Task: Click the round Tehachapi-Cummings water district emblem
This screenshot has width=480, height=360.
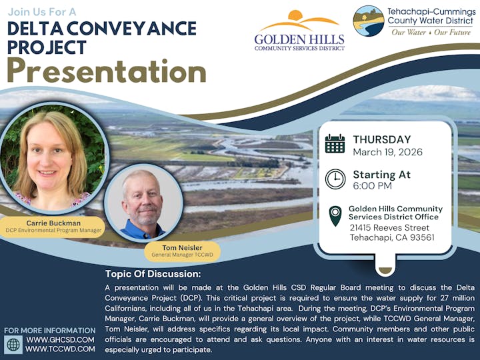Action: (x=369, y=21)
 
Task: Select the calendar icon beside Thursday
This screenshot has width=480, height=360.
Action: (x=335, y=144)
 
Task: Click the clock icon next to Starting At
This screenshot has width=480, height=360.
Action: (x=335, y=179)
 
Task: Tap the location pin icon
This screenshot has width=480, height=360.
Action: (x=335, y=216)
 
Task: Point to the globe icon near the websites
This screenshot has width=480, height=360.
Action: (x=13, y=344)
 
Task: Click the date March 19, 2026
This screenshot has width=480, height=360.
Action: (x=387, y=152)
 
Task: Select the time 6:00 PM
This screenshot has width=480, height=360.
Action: (x=372, y=187)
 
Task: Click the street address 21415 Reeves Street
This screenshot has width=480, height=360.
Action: (x=389, y=227)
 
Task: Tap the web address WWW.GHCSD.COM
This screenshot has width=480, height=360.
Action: (x=60, y=339)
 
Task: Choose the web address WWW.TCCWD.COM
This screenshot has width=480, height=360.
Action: (x=60, y=349)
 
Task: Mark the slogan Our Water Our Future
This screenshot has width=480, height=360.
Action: (x=431, y=32)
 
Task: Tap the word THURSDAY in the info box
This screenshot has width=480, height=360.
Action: (x=382, y=139)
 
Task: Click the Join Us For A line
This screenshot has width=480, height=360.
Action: (x=42, y=12)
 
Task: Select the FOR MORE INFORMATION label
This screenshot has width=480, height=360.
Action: (x=50, y=330)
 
